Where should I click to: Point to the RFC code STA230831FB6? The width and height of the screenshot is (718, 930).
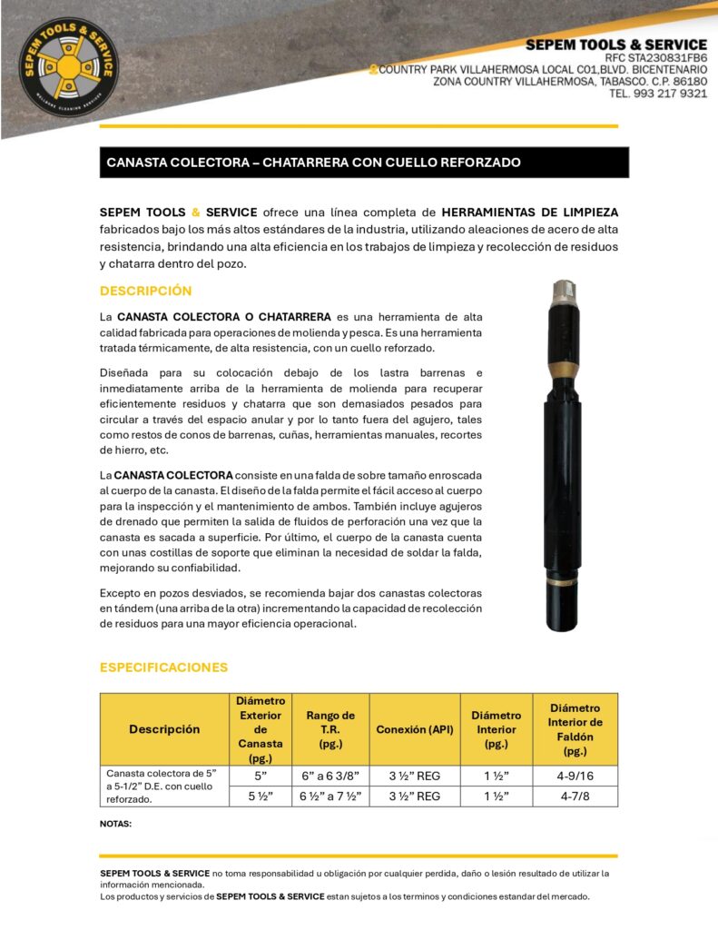[x=656, y=57]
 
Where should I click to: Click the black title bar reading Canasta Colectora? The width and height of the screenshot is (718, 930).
[x=364, y=163]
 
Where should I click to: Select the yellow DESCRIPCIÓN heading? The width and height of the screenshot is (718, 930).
[x=145, y=291]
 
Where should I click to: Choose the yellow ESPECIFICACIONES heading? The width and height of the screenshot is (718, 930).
[x=163, y=668]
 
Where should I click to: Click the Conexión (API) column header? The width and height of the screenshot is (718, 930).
[x=414, y=729]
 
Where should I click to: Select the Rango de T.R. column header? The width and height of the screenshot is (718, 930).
[x=330, y=729]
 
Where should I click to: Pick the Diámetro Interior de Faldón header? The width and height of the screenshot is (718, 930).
[x=575, y=729]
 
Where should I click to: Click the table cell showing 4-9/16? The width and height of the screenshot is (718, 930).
[x=575, y=776]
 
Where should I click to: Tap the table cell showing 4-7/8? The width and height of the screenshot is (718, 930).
[x=575, y=796]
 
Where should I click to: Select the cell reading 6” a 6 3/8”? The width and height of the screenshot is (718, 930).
[x=330, y=776]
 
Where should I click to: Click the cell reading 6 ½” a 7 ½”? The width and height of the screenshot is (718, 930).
[x=330, y=796]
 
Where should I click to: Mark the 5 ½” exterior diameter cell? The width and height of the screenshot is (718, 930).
[x=260, y=796]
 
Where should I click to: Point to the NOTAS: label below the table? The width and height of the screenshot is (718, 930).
[x=115, y=824]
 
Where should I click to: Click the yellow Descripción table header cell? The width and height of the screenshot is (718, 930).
[x=164, y=729]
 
